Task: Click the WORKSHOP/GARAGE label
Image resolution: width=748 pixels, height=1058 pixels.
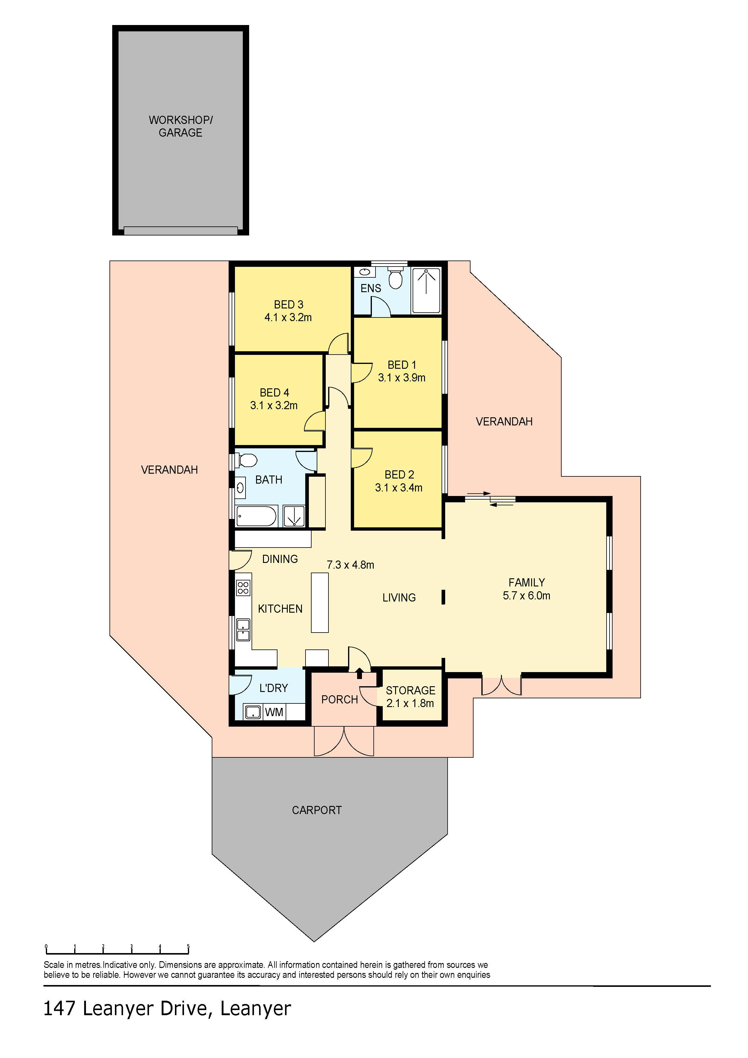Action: [181, 126]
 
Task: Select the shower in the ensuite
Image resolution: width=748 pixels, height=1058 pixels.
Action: [426, 290]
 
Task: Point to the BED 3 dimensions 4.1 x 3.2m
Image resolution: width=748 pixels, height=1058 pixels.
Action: [288, 317]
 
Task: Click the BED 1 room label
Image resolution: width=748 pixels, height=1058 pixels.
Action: [402, 365]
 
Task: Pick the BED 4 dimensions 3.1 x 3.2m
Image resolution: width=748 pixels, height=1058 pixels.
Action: [274, 406]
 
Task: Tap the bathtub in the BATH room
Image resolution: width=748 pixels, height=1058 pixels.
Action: [256, 516]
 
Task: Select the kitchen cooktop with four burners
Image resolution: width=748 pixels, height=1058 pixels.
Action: [243, 588]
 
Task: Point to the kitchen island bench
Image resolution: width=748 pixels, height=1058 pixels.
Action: [320, 603]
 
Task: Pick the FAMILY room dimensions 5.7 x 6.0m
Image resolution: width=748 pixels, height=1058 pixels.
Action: [526, 596]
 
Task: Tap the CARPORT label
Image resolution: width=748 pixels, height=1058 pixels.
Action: [317, 810]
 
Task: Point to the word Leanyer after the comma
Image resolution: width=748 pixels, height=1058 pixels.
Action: [255, 1009]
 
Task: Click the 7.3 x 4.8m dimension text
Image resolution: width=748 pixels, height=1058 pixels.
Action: [350, 565]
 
